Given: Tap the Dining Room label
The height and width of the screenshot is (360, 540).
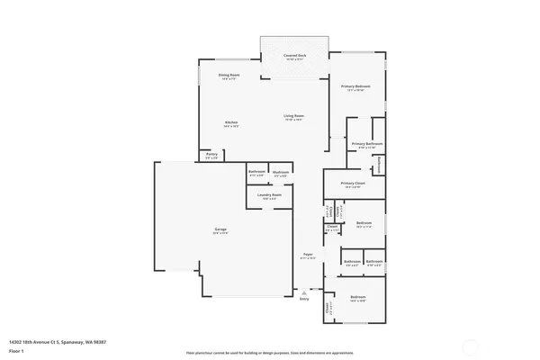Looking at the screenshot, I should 229,75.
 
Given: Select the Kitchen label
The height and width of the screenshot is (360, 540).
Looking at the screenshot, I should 231,122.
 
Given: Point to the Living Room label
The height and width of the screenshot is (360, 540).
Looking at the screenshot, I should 293,115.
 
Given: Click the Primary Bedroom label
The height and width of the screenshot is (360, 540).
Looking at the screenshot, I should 357,86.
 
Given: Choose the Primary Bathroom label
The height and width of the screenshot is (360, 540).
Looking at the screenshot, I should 367,144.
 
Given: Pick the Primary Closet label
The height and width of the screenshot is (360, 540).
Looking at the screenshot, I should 353,184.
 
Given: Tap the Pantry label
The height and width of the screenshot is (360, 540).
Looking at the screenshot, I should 211,154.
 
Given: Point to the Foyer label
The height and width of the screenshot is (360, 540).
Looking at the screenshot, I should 307,255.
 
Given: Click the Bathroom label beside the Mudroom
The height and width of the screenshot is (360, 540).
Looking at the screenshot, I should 256,172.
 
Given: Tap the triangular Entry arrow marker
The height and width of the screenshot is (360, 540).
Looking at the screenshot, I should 306,292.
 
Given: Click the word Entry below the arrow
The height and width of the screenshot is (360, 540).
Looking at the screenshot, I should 303,299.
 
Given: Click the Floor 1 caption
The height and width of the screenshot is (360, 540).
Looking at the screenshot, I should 17,350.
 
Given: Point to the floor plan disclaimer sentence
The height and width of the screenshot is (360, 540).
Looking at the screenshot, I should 269,354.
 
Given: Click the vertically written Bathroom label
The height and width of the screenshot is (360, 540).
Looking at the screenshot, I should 380,165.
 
